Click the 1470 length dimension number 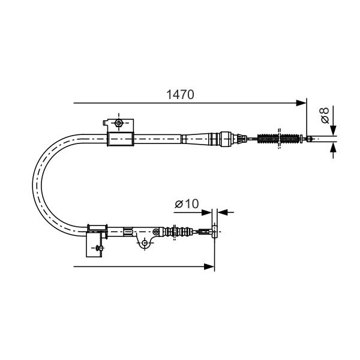(180, 95)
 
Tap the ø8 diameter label (325, 115)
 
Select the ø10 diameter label (187, 203)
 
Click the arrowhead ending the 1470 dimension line (301, 103)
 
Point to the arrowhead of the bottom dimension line (209, 266)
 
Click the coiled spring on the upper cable (279, 139)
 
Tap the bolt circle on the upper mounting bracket (118, 123)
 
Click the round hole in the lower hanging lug (145, 242)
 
